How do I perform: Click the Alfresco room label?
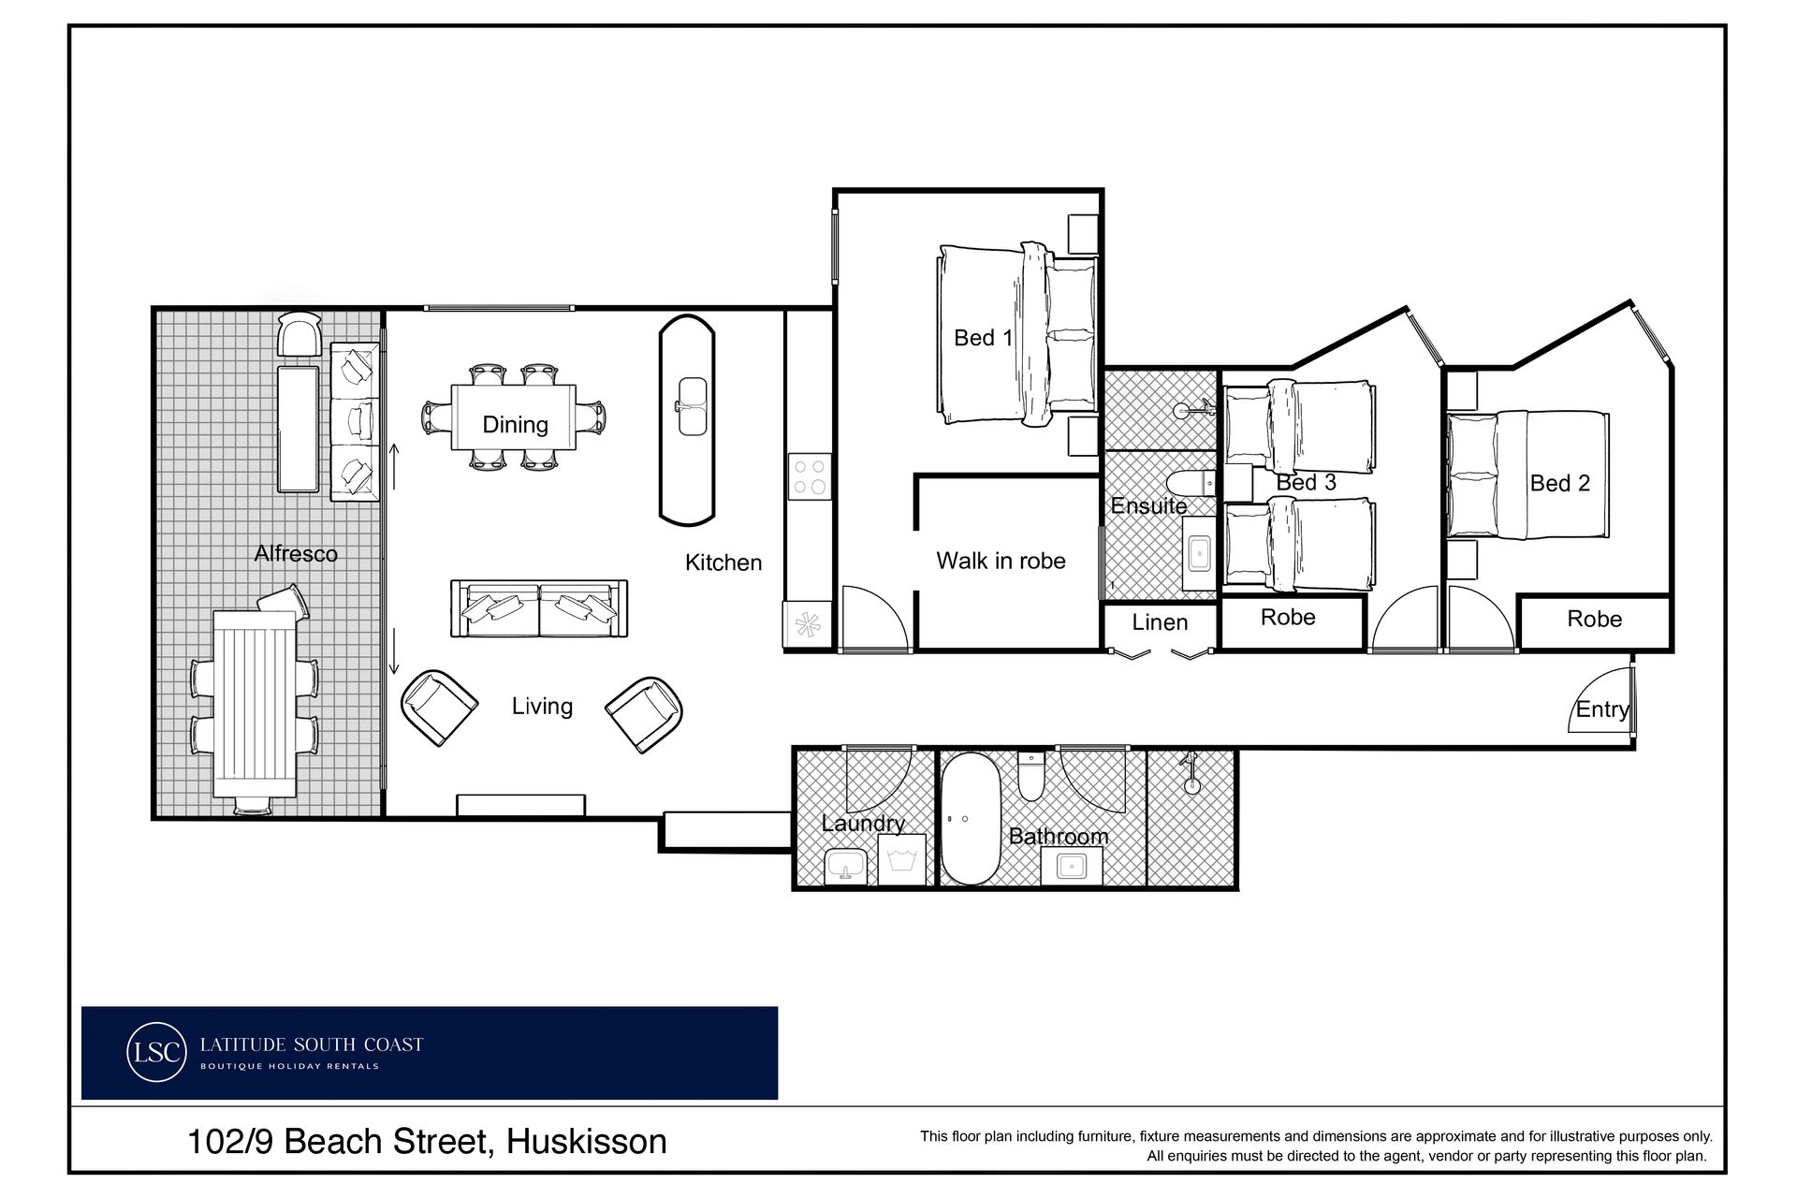pyautogui.click(x=295, y=554)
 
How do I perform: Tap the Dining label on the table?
pyautogui.click(x=515, y=425)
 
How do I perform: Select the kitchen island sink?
pyautogui.click(x=693, y=406)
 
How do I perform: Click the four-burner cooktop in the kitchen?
pyautogui.click(x=810, y=475)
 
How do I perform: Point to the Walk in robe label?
pyautogui.click(x=1001, y=561)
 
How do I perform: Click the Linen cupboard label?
pyautogui.click(x=1160, y=622)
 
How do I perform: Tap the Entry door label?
pyautogui.click(x=1602, y=709)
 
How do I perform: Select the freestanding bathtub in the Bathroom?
pyautogui.click(x=970, y=819)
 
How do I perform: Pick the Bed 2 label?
pyautogui.click(x=1559, y=484)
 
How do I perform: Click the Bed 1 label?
pyautogui.click(x=983, y=338)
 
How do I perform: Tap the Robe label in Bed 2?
pyautogui.click(x=1594, y=620)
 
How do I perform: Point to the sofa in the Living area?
pyautogui.click(x=539, y=608)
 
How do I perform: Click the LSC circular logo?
pyautogui.click(x=155, y=1052)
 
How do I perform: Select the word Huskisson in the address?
pyautogui.click(x=586, y=1142)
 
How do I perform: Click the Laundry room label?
pyautogui.click(x=863, y=824)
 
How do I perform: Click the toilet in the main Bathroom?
pyautogui.click(x=1031, y=776)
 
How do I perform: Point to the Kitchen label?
pyautogui.click(x=723, y=562)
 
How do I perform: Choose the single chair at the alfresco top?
pyautogui.click(x=300, y=333)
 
